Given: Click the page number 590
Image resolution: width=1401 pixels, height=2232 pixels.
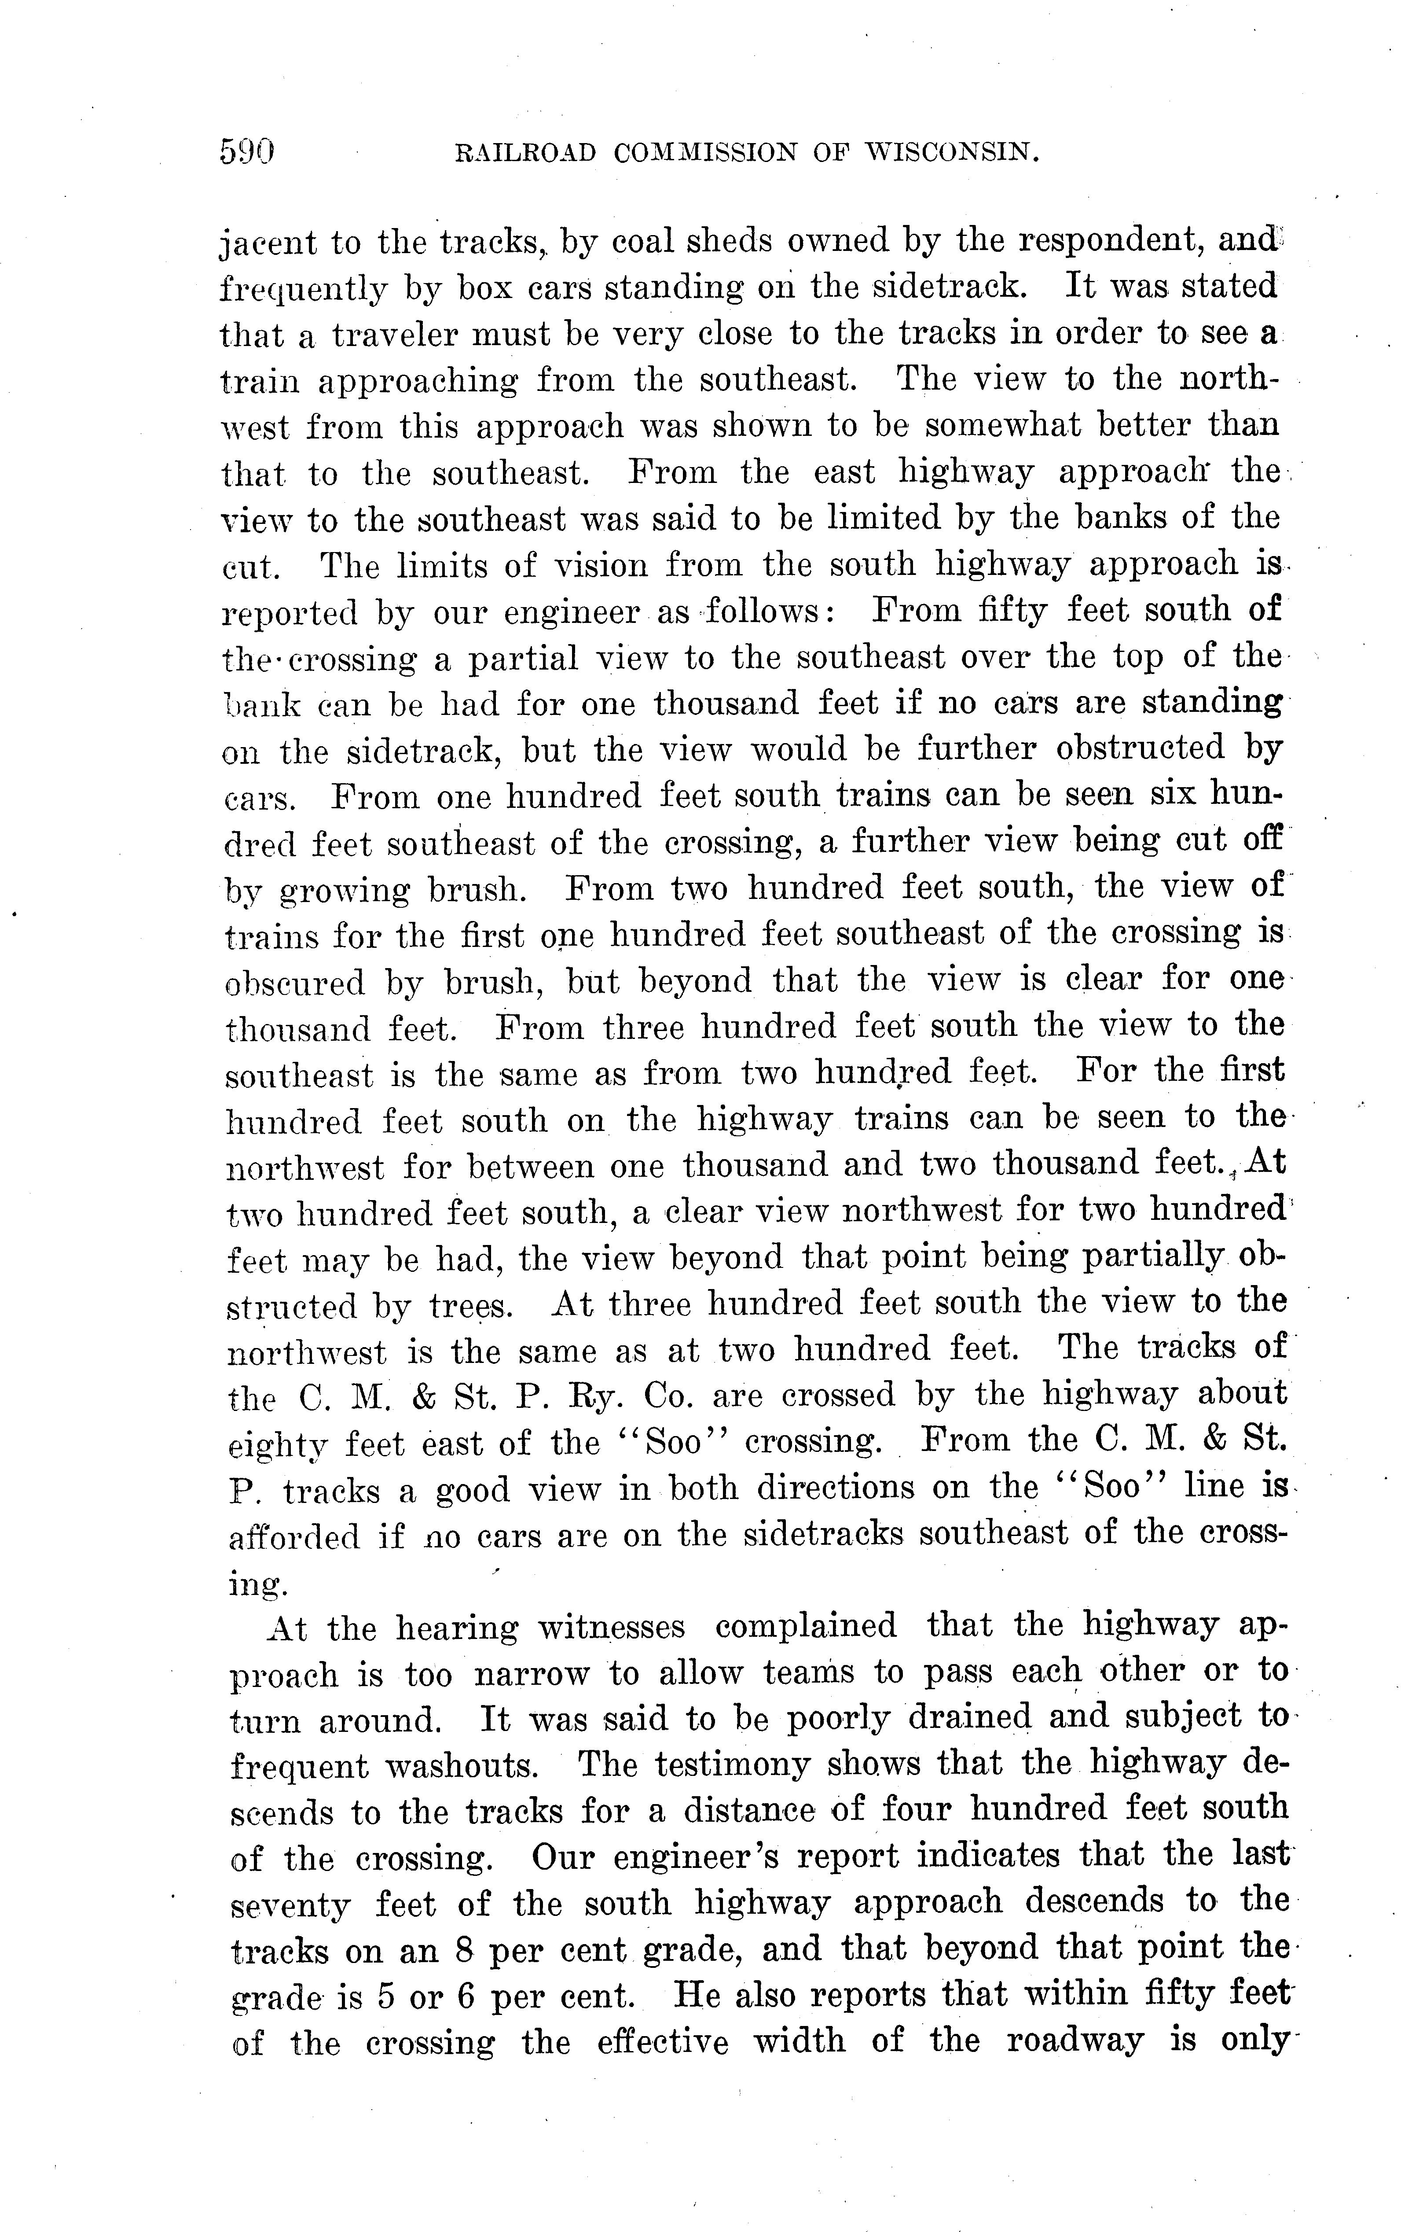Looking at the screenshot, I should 247,150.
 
